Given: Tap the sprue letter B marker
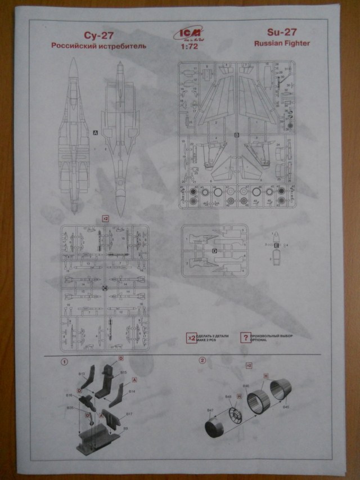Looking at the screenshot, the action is pyautogui.click(x=237, y=135).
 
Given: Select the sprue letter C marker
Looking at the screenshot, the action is pyautogui.click(x=105, y=288).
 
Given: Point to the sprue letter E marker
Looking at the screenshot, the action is pyautogui.click(x=276, y=246).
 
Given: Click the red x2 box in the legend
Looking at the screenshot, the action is pyautogui.click(x=191, y=338).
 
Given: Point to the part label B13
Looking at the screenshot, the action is pyautogui.click(x=82, y=374).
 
